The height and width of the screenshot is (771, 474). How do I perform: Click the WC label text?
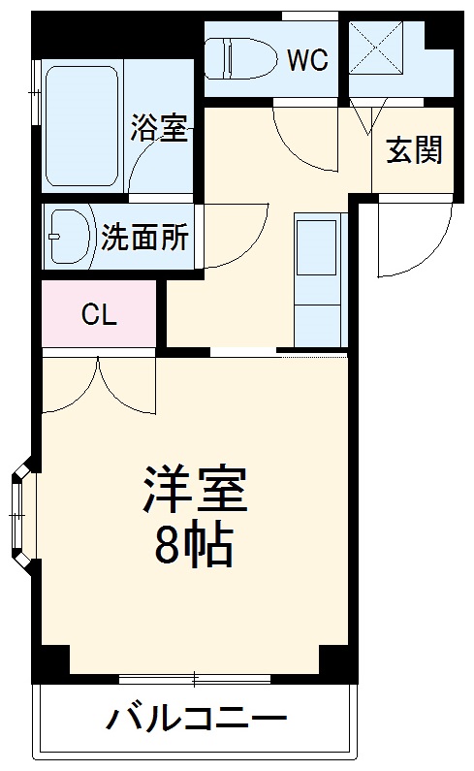point(307,59)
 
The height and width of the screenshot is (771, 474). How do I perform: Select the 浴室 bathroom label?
point(159,127)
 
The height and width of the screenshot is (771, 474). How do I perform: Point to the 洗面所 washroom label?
point(145,238)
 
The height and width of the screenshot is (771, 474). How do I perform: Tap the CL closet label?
point(98,314)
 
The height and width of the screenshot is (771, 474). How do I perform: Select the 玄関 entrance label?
point(414,150)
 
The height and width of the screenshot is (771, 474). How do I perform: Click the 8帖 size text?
point(194,547)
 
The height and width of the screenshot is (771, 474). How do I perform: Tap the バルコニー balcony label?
point(197,720)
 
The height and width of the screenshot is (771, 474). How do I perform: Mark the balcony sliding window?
point(194,677)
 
